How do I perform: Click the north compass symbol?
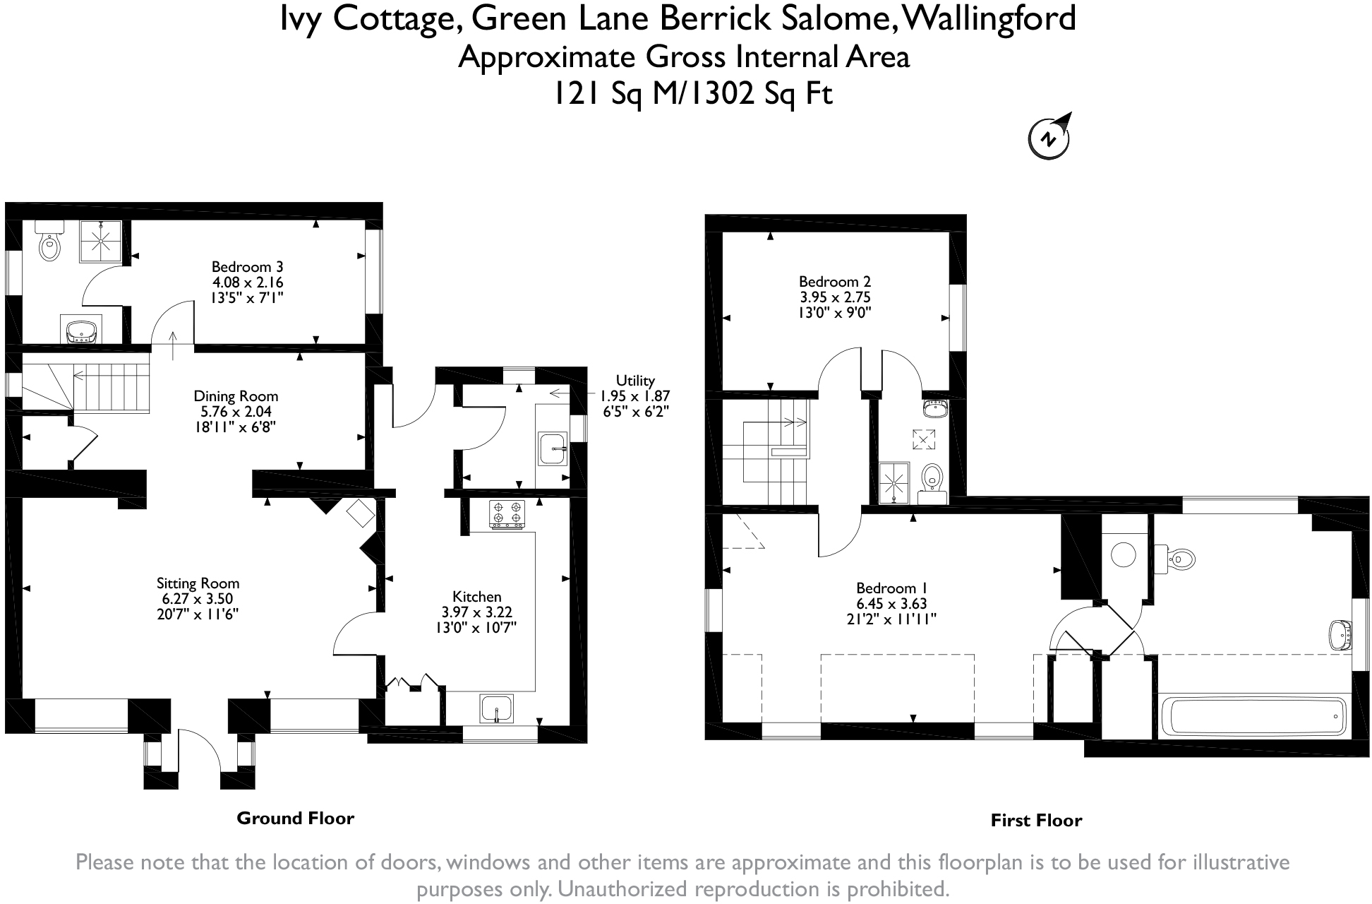coord(1049,136)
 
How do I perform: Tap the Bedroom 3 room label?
coord(247,267)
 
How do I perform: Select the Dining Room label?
coord(236,396)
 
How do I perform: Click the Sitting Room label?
coord(198,583)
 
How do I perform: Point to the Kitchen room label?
coord(476,597)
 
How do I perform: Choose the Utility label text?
coord(635,381)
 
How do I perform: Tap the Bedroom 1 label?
coord(891,588)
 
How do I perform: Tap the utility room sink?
coord(553,448)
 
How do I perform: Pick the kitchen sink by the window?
coord(497,708)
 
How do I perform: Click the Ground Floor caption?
coord(295,819)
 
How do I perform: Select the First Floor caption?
coord(1036,821)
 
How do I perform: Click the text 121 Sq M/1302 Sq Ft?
coord(692,93)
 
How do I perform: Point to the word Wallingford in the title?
coord(988,18)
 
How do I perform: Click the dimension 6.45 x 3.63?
coord(891,604)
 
